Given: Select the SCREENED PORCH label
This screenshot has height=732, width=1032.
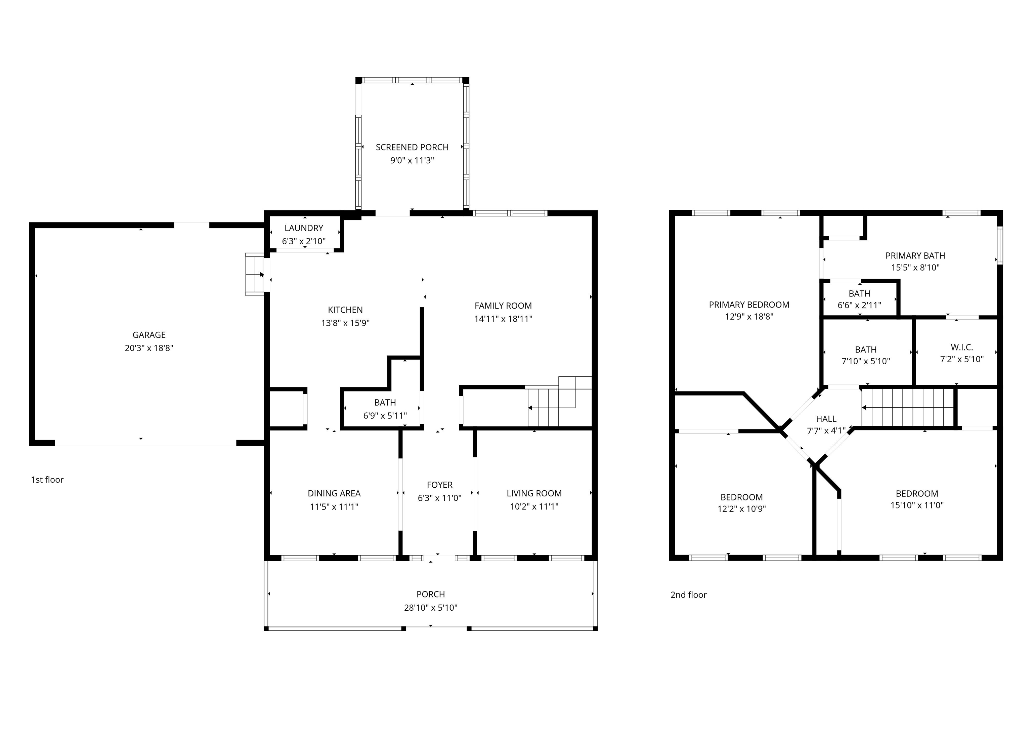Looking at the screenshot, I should click(x=412, y=148).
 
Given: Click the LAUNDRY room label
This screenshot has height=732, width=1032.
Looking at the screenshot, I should click(x=304, y=228).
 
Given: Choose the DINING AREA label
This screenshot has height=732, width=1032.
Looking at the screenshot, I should click(x=334, y=494).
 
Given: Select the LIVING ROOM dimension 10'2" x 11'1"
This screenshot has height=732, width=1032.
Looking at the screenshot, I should click(x=534, y=506).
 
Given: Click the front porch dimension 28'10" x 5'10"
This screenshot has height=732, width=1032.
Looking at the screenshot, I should click(x=430, y=608).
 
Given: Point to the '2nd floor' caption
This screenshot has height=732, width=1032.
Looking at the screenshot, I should click(x=688, y=595).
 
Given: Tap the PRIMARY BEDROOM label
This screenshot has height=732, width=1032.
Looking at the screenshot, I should click(x=749, y=305).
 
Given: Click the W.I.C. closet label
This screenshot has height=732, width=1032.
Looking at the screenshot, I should click(x=962, y=348).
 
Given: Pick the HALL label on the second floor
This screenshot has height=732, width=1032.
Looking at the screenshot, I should click(x=826, y=419).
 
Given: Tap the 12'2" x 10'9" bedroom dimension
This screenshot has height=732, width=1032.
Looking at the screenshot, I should click(x=741, y=509).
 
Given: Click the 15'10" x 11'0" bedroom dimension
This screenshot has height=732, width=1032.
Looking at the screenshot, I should click(x=917, y=505).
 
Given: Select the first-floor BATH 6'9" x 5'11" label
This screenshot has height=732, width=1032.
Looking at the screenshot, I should click(x=385, y=403).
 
